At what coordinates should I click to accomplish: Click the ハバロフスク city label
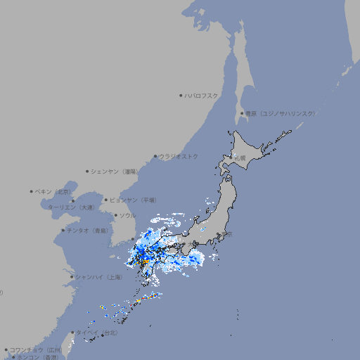pos(202,95)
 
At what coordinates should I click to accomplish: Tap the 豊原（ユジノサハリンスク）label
pos(280,113)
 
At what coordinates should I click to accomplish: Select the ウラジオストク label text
pos(179,156)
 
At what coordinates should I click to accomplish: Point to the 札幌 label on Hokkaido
pos(240,158)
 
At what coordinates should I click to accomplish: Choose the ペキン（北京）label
pos(53,191)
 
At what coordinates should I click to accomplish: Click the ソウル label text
pos(127,215)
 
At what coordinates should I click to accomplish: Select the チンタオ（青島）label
pos(87,231)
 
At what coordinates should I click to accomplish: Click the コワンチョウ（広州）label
pos(36,349)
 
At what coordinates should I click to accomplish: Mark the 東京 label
pos(224,235)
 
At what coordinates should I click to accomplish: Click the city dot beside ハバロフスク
pos(181,95)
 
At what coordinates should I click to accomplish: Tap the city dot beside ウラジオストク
pos(155,156)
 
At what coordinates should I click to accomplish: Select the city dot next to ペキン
pos(32,191)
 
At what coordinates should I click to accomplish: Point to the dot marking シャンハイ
pos(72,277)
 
